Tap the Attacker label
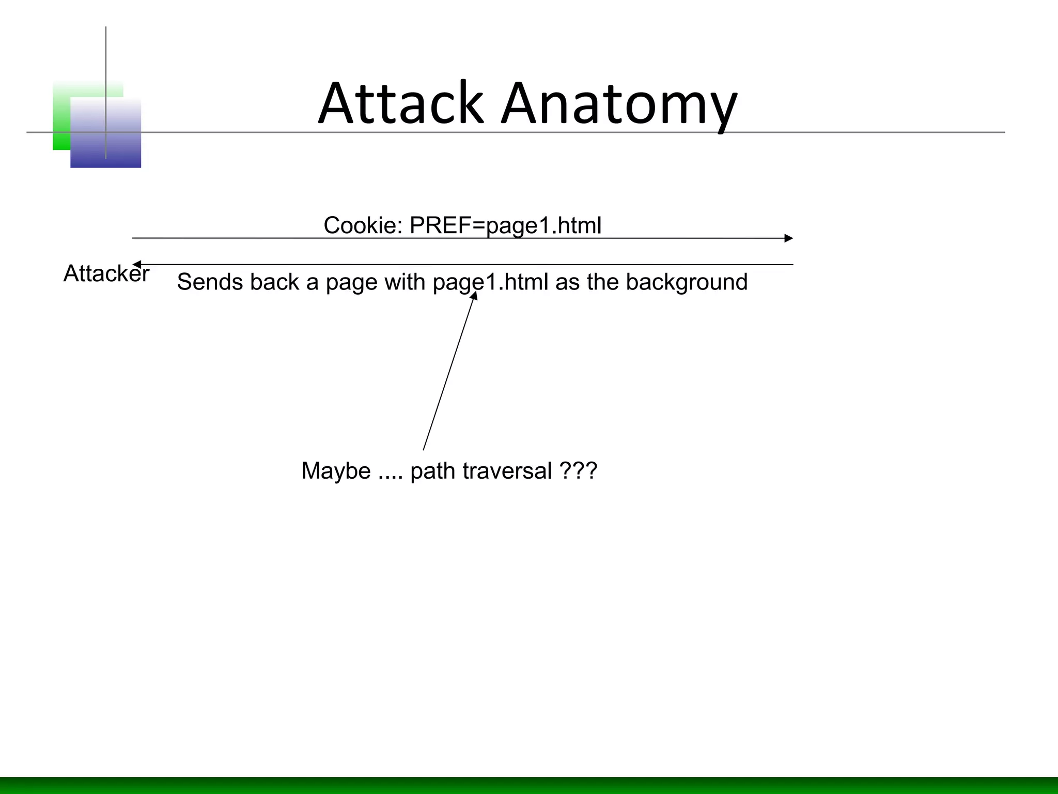click(x=106, y=273)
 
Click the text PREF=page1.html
click(x=505, y=226)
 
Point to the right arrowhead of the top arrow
click(x=788, y=238)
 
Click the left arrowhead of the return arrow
click(x=137, y=265)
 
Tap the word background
click(x=687, y=283)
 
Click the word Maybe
click(x=336, y=471)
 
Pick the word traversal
click(x=507, y=471)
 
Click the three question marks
click(x=578, y=470)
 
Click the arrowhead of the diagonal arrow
click(x=474, y=296)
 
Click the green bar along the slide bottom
click(x=529, y=785)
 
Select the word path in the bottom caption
click(x=433, y=471)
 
